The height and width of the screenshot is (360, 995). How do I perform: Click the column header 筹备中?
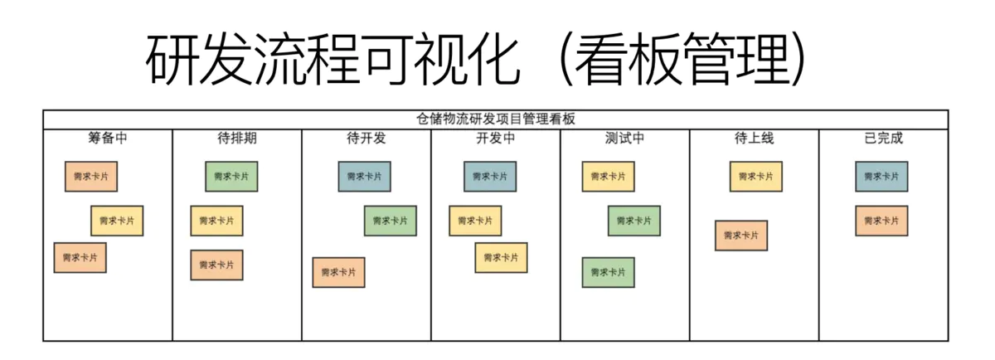108,139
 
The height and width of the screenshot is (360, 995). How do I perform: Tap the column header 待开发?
366,139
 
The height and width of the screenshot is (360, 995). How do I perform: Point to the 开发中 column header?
495,139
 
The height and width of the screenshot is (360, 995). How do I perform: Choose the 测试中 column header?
624,139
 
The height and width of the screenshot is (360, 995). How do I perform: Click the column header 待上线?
754,139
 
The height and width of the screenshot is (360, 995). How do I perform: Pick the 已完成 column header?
883,139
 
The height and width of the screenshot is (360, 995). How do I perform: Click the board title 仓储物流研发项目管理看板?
495,119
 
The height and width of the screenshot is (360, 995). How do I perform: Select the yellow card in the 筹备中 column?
117,221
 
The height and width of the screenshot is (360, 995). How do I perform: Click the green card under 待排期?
231,177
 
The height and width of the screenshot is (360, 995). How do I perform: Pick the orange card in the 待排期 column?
216,265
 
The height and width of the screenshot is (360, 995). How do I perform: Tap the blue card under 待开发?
364,177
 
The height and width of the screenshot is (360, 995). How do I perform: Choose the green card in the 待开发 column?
390,221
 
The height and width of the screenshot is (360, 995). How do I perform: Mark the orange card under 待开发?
338,272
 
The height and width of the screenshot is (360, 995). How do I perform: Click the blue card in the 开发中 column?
489,177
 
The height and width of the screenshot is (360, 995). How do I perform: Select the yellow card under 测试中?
608,177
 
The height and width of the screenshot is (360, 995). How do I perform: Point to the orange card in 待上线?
741,236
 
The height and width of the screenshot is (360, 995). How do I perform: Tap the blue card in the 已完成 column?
881,177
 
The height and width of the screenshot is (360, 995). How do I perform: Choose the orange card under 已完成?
881,221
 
